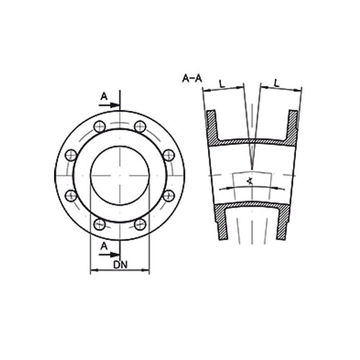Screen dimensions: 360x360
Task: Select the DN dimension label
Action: pos(122,264)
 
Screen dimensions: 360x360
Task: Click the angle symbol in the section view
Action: pos(248,179)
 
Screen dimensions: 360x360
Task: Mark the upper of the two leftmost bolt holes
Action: pos(70,155)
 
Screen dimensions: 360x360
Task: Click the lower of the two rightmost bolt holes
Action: pos(169,196)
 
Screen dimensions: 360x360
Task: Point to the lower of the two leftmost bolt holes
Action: pos(70,196)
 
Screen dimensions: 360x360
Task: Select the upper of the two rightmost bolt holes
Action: pos(169,155)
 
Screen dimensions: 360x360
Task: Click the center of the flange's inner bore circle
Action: pos(120,176)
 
